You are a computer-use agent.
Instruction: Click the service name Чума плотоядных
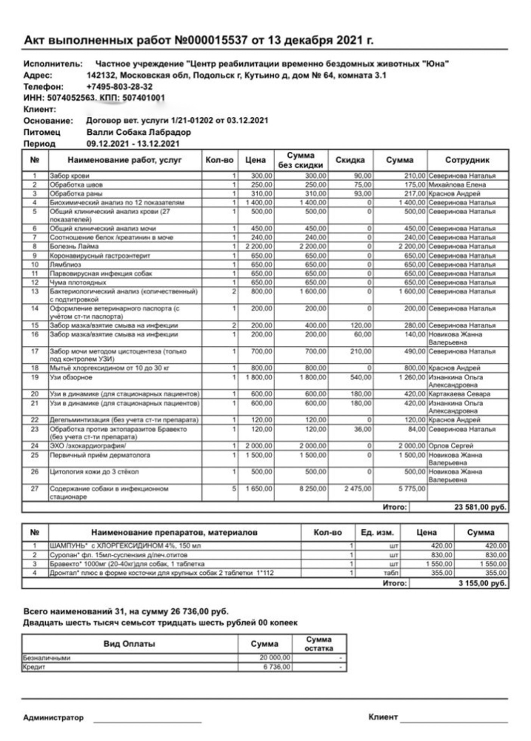tap(76, 282)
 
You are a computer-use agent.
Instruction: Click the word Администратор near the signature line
tap(53, 718)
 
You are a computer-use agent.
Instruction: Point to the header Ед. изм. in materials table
tap(377, 532)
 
